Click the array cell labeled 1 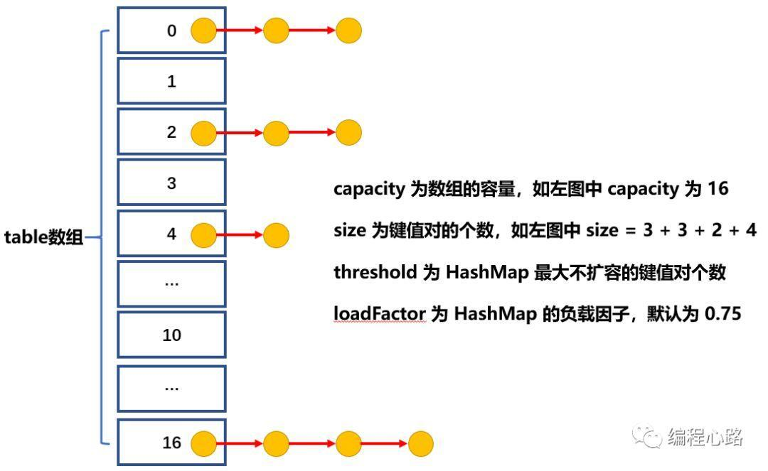(171, 82)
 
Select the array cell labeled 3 (171, 183)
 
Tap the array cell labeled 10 (171, 335)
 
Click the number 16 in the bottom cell (171, 443)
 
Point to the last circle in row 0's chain (348, 31)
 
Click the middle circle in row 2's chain (276, 132)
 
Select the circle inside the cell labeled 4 (204, 234)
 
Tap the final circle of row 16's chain (420, 444)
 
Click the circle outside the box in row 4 (276, 234)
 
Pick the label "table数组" (44, 237)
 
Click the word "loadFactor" (380, 313)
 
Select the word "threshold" (375, 273)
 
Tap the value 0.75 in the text (723, 313)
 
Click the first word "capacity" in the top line (369, 190)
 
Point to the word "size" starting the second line (349, 231)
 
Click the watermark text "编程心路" (705, 437)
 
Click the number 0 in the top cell (171, 31)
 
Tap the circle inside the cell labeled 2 (204, 132)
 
